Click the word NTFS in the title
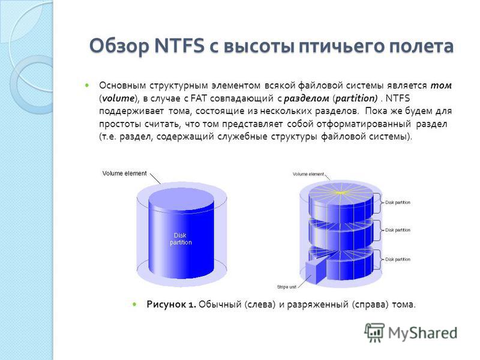(x=179, y=46)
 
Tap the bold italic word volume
(x=118, y=98)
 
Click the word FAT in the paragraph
(x=199, y=98)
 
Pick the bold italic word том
(x=441, y=85)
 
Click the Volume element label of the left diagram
(x=125, y=173)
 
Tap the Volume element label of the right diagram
(x=308, y=174)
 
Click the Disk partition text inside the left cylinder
(x=181, y=239)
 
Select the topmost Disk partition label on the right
(x=398, y=202)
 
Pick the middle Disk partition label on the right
(x=398, y=230)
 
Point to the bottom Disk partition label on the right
(x=398, y=259)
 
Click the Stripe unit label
(x=287, y=287)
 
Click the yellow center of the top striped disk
(x=340, y=193)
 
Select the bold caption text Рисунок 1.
(x=172, y=305)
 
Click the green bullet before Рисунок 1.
(x=134, y=304)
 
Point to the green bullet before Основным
(x=87, y=85)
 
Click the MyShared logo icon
(x=374, y=332)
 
